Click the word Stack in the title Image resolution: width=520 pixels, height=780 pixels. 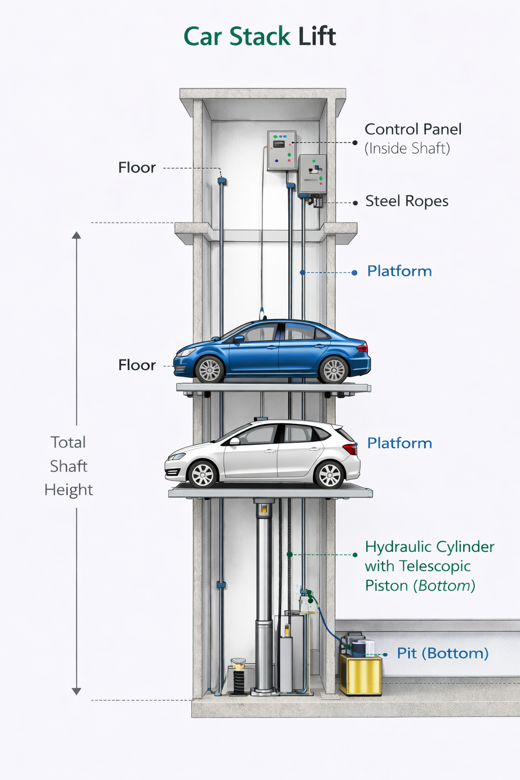(259, 37)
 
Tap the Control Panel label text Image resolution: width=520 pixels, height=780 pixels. (413, 129)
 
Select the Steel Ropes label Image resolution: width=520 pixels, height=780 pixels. (407, 201)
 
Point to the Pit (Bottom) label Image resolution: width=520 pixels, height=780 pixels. (442, 653)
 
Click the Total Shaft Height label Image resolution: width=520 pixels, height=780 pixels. (69, 466)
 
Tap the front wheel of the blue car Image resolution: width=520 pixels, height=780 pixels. (209, 369)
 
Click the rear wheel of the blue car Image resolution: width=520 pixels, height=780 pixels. (334, 370)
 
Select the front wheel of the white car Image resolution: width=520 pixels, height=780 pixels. (203, 474)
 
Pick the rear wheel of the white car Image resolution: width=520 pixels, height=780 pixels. (330, 474)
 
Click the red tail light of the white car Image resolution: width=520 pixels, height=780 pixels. (350, 448)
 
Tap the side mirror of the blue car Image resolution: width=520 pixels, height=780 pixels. (238, 339)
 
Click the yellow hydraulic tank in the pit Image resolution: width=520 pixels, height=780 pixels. (361, 674)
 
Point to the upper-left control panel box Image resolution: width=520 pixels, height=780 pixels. (281, 150)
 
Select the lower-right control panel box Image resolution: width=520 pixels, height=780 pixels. (312, 174)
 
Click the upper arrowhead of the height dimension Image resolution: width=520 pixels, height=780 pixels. (76, 235)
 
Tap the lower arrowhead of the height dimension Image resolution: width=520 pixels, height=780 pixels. (76, 691)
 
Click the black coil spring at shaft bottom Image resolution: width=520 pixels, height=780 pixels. (238, 680)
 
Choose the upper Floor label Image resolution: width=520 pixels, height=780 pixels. (137, 168)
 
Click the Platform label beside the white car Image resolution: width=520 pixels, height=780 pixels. (399, 443)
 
